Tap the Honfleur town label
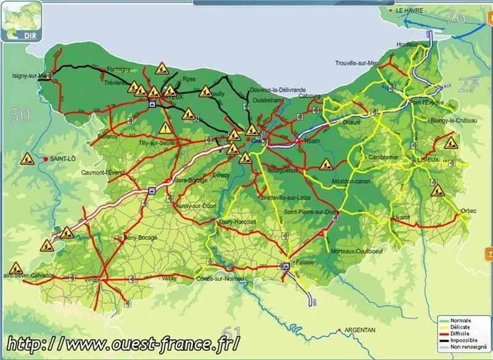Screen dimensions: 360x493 [408, 44]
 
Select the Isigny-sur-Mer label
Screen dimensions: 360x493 [28, 76]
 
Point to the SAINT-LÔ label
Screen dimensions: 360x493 [63, 159]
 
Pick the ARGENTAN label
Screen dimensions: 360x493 [360, 330]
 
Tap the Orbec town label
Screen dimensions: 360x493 [468, 211]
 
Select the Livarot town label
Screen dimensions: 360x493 [401, 217]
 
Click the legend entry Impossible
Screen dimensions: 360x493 [463, 340]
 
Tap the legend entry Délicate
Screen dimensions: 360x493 [461, 327]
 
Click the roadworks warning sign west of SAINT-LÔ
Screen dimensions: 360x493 [27, 159]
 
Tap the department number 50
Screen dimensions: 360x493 [20, 114]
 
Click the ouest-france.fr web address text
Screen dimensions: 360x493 [123, 343]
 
